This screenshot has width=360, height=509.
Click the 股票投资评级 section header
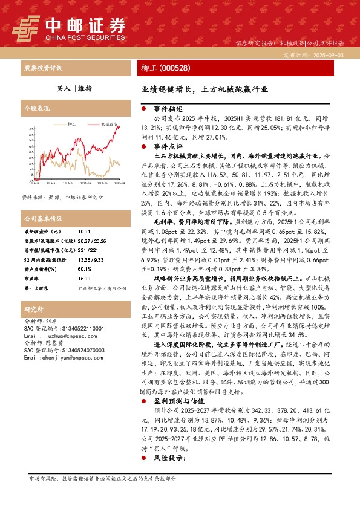(x=43, y=68)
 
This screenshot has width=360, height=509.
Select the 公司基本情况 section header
(x=43, y=218)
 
